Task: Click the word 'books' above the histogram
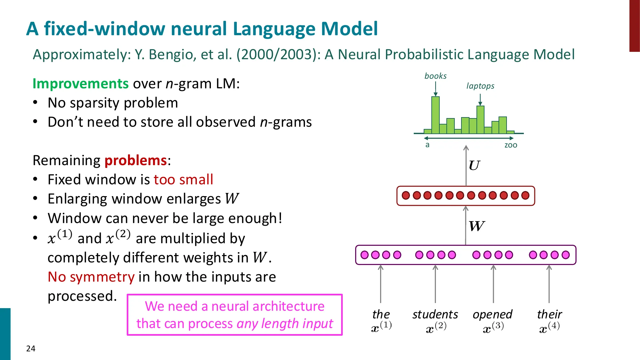[x=435, y=76]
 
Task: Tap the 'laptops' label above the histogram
[x=480, y=86]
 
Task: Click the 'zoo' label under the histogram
[x=510, y=145]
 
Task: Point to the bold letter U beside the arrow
[x=474, y=165]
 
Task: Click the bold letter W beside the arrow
[x=476, y=226]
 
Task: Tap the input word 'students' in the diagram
[x=435, y=314]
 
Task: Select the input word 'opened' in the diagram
[x=492, y=314]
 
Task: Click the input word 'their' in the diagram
[x=549, y=314]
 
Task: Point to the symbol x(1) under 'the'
[x=381, y=327]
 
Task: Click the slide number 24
[x=31, y=348]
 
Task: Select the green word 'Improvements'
[x=80, y=84]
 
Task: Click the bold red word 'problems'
[x=136, y=160]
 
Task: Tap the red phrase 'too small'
[x=183, y=180]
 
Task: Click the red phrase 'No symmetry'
[x=91, y=277]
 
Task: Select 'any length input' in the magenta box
[x=285, y=324]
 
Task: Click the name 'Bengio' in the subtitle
[x=170, y=54]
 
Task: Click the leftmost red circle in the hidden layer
[x=406, y=195]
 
